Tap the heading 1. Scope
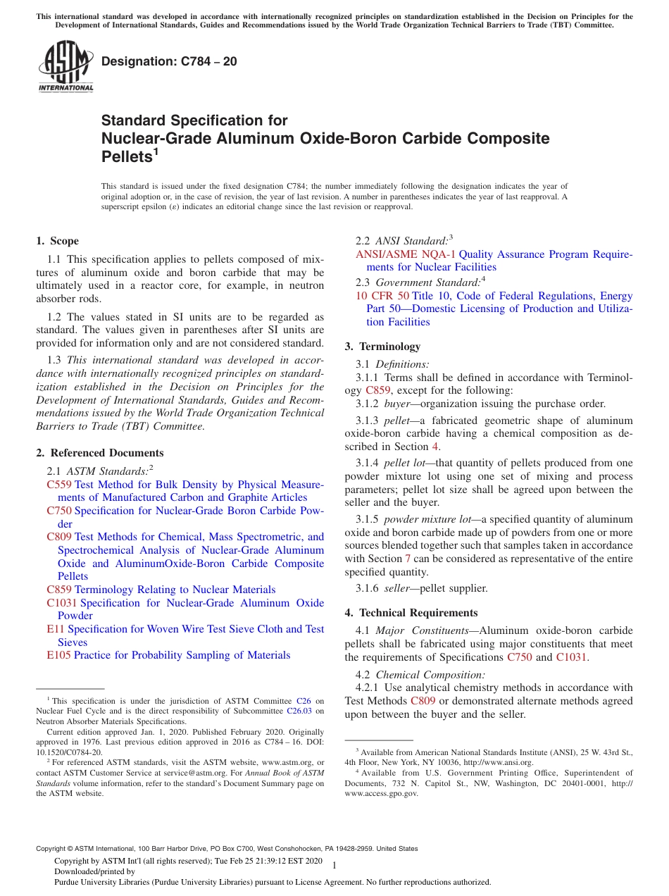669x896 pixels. [58, 241]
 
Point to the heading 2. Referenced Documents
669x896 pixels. [100, 453]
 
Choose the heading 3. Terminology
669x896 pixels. [382, 347]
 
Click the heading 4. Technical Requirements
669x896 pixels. [411, 613]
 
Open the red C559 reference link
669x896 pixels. [59, 485]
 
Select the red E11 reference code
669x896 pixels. [56, 629]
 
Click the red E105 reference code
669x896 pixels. [58, 655]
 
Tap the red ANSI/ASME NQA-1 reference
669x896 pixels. [406, 254]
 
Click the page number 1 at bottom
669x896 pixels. [334, 865]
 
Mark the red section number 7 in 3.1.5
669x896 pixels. [408, 559]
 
